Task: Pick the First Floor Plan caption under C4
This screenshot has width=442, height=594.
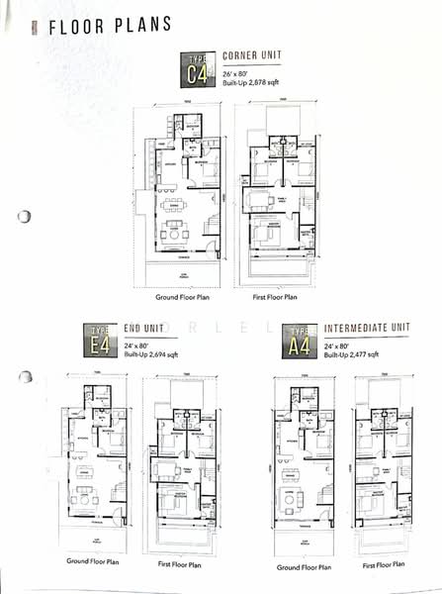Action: coord(274,296)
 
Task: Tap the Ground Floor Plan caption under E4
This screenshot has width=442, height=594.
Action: coord(93,561)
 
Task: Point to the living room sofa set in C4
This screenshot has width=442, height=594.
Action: coord(176,235)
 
